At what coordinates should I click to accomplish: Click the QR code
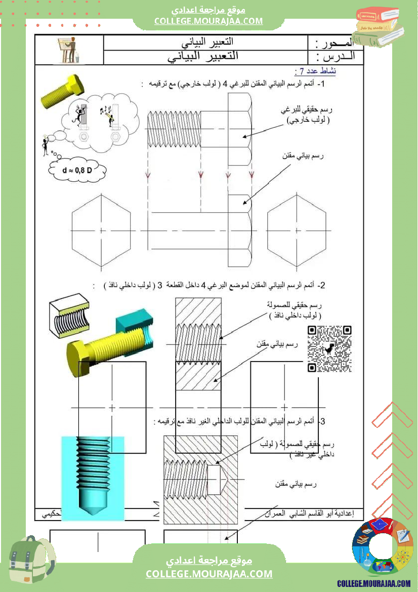tap(329, 348)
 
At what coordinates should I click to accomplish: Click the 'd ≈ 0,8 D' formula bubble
tap(77, 170)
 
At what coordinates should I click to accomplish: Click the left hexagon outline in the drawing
tap(101, 230)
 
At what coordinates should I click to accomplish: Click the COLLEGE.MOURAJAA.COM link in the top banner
tap(208, 21)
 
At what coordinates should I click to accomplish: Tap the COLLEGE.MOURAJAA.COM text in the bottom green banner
tap(209, 574)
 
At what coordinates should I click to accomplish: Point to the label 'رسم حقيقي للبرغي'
tap(314, 110)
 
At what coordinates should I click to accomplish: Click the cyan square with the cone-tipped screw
tap(92, 476)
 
